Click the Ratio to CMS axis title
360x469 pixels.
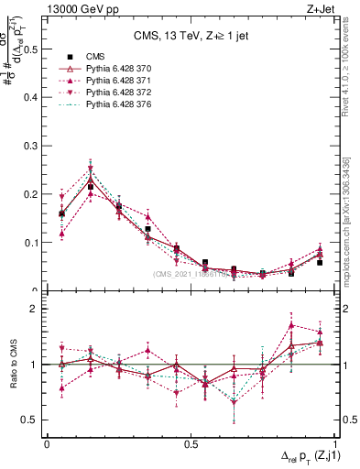[x=13, y=365]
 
